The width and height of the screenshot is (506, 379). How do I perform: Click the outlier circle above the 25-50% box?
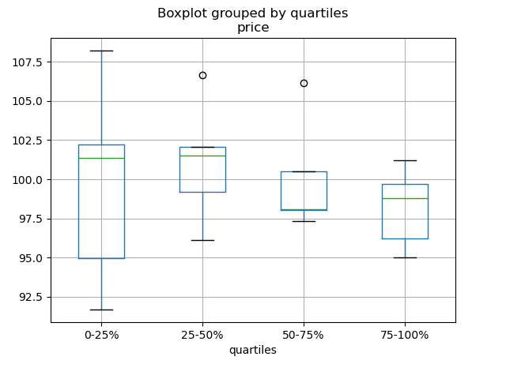coord(202,75)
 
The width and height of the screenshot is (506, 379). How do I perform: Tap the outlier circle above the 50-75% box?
coord(304,83)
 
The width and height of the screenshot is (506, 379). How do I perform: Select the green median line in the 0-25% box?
coord(101,158)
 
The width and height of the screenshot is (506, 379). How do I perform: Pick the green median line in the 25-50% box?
coord(202,156)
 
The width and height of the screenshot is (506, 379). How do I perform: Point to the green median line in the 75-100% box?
coord(405,198)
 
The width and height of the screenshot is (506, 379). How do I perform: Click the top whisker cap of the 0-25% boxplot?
coord(101,51)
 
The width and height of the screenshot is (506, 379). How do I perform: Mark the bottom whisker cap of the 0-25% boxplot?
coord(101,310)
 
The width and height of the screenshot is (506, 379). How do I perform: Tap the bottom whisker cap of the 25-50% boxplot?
coord(202,240)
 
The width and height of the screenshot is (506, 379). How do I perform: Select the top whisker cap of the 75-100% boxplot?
coord(405,160)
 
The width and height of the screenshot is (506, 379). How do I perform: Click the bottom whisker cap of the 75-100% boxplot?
coord(405,257)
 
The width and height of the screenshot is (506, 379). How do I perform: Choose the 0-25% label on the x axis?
coord(101,335)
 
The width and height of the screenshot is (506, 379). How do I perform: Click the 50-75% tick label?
coord(304,335)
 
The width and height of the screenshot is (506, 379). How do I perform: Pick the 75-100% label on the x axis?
coord(405,335)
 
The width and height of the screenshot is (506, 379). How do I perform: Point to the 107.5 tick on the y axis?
coord(28,62)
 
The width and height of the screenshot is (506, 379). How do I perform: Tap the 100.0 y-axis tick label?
coord(28,180)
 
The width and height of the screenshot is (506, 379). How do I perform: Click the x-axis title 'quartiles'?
coord(253,350)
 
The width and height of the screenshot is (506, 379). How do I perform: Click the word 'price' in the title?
coord(253,28)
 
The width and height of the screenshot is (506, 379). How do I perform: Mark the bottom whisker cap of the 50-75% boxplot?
coord(304,221)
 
